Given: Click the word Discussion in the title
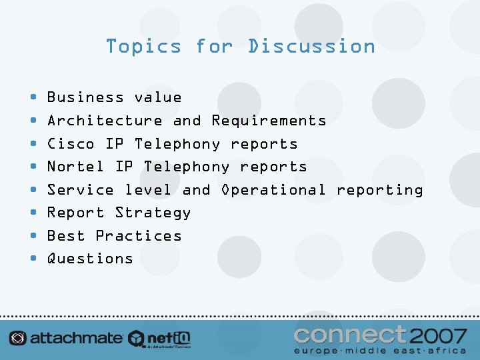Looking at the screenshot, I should (x=311, y=46).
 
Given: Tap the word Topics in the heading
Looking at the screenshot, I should (x=143, y=46).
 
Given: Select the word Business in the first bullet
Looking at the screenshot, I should (x=85, y=97).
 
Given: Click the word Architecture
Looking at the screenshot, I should (x=105, y=121).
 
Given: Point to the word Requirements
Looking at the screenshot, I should (x=269, y=121).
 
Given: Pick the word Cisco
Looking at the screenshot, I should (x=71, y=144).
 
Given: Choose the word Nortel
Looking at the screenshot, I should (x=75, y=167).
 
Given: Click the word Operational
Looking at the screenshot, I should (x=273, y=190).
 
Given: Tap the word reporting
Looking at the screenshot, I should (x=379, y=190).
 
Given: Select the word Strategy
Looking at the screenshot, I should (x=153, y=213).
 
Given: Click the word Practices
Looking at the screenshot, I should (x=138, y=236).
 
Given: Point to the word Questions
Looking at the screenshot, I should (x=90, y=259).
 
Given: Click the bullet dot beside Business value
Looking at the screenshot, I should (x=34, y=98).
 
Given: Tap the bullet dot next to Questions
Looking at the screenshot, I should (x=34, y=259).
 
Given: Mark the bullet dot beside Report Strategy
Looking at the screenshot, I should (x=34, y=213).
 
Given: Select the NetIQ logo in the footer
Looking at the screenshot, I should (x=160, y=339).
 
